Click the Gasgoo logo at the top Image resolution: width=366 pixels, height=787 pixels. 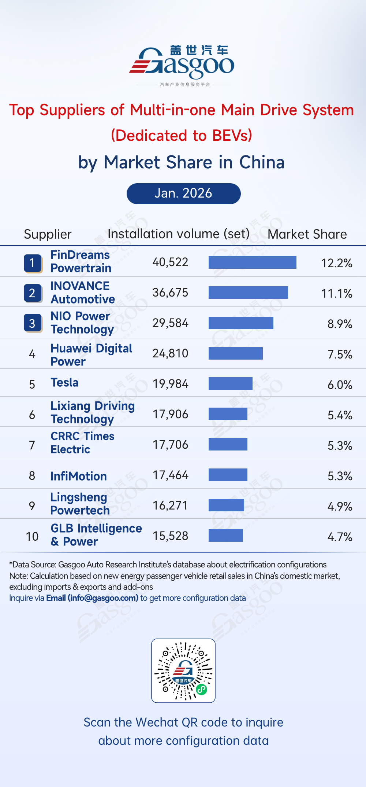[182, 64]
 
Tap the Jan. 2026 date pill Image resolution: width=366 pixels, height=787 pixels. [183, 194]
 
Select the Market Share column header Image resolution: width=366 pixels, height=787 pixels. [307, 234]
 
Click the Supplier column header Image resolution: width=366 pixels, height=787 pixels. [48, 234]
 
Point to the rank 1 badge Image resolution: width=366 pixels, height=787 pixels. [33, 263]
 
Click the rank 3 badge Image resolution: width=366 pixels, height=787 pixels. [33, 323]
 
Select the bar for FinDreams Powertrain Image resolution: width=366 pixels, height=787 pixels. [252, 262]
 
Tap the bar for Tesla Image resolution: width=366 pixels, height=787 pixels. [230, 383]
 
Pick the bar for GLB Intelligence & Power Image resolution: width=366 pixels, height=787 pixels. [225, 536]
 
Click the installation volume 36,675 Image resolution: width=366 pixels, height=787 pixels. [170, 293]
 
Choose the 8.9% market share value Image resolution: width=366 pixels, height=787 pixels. [340, 324]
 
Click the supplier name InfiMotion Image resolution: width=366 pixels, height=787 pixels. [79, 476]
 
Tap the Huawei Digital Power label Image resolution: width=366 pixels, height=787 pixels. [91, 354]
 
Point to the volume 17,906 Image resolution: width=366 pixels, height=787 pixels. [170, 415]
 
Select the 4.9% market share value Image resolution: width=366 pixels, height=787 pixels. [340, 507]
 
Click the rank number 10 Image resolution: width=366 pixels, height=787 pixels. [32, 537]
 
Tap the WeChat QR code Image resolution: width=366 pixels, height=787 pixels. [183, 670]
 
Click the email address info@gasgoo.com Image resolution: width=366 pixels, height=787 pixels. [103, 598]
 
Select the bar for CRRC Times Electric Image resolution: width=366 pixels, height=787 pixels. [228, 444]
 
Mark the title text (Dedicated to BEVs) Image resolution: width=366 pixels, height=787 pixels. [182, 136]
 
